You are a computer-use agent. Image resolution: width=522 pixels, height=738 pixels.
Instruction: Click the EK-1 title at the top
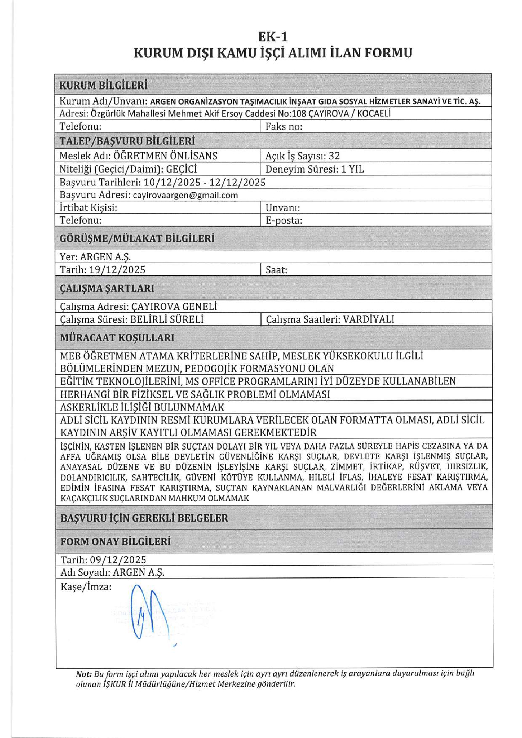click(273, 37)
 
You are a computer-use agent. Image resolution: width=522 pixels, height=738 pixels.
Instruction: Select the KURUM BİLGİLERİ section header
click(103, 85)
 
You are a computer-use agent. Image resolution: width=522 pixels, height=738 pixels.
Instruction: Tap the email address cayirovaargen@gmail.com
click(185, 195)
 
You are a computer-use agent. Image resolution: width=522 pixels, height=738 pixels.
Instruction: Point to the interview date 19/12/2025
click(117, 270)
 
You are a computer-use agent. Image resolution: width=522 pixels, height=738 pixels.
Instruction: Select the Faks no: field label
click(284, 127)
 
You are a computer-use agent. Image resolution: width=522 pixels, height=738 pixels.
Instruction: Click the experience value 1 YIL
click(352, 169)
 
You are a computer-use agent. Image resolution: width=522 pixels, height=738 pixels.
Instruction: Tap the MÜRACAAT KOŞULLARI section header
click(117, 338)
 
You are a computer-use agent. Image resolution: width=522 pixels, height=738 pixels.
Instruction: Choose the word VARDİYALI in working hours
click(369, 319)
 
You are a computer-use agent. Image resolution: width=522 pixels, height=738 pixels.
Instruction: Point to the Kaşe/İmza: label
click(86, 587)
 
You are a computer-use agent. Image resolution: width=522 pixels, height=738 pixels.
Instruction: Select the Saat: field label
click(276, 270)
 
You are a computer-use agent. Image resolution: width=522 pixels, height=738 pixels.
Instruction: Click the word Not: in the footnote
click(83, 674)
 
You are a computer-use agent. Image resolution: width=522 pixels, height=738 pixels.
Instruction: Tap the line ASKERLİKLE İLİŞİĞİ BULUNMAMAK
click(142, 407)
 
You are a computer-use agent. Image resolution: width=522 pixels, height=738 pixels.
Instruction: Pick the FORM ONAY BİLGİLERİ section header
click(115, 542)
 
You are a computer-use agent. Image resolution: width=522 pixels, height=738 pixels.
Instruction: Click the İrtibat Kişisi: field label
click(88, 208)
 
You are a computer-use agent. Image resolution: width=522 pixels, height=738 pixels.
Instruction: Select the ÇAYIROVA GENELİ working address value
click(174, 307)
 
